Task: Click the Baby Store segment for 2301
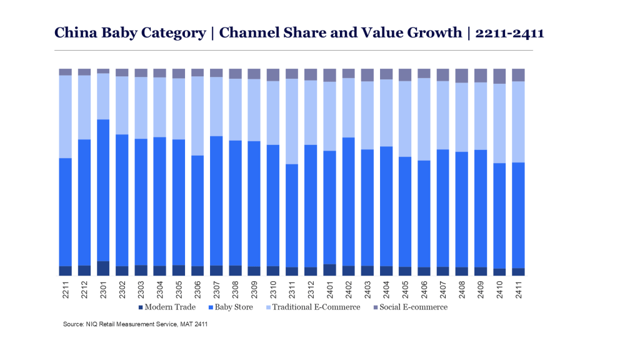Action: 103,190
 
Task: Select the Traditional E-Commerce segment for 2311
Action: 292,121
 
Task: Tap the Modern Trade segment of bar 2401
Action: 329,270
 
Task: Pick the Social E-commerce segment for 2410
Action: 499,76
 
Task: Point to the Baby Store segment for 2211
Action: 66,212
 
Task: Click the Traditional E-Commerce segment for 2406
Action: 424,119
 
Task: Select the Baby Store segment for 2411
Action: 518,215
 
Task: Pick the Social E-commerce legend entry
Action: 414,307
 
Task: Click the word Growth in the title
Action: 431,33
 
